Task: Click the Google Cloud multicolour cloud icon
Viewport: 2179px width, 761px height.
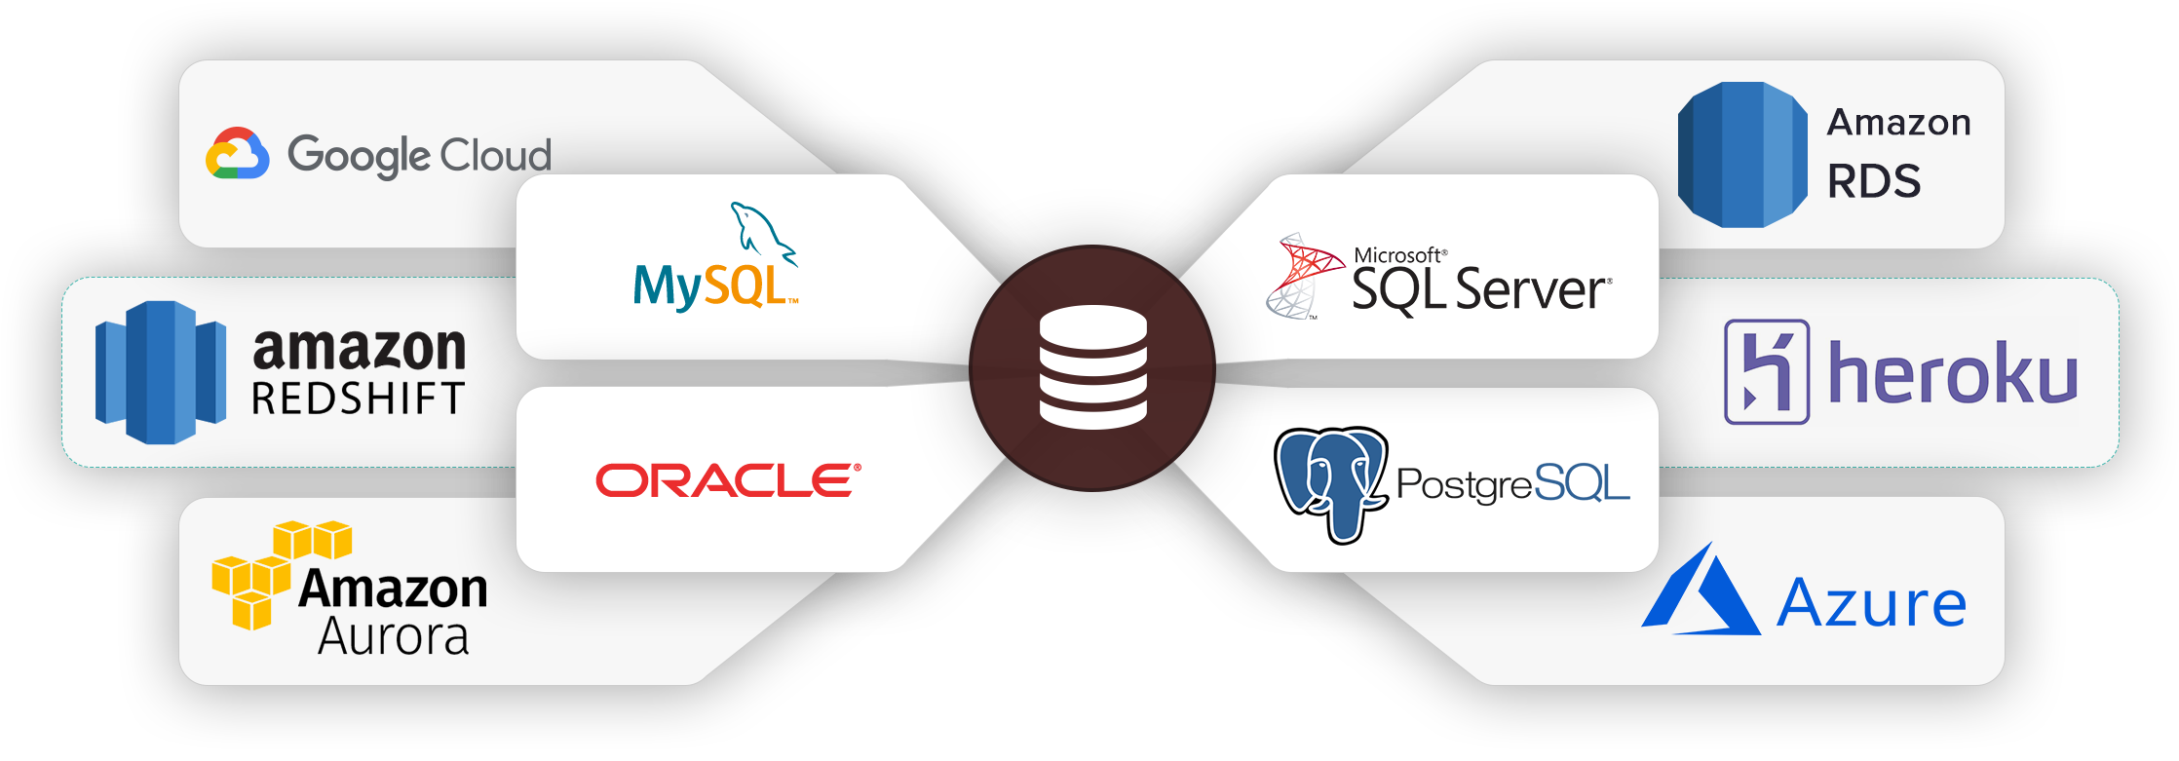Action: [x=237, y=155]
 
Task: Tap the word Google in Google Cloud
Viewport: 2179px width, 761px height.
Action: [x=358, y=156]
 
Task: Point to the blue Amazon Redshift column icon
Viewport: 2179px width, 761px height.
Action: [x=161, y=372]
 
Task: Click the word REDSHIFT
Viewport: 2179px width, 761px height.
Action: [x=358, y=400]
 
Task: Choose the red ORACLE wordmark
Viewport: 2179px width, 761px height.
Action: [x=728, y=480]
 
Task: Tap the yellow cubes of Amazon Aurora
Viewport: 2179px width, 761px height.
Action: [x=270, y=573]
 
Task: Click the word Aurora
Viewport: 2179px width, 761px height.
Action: [x=394, y=637]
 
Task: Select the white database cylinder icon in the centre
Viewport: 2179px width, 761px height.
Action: [x=1092, y=368]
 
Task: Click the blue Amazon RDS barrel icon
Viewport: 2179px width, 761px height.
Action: [x=1741, y=155]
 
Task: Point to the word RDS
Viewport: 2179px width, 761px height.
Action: [x=1873, y=182]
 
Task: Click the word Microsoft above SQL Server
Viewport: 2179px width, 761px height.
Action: [x=1397, y=255]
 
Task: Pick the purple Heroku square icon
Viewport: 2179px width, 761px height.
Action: [x=1767, y=372]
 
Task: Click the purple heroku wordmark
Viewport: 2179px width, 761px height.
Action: [x=1952, y=373]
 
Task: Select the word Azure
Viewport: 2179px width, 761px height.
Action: [x=1871, y=604]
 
